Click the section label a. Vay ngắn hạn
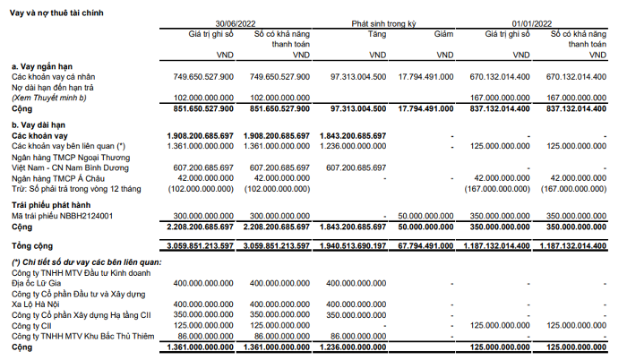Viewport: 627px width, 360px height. (42, 66)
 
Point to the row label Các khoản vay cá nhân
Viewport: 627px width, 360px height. (57, 76)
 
